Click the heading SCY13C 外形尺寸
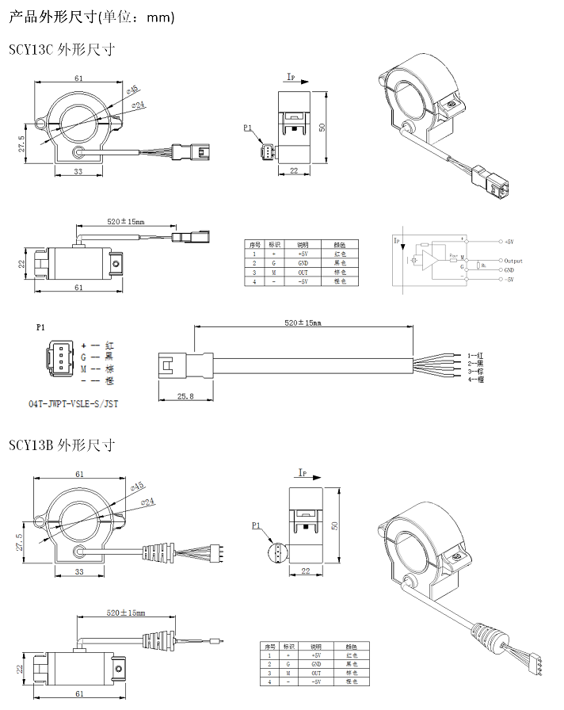click(63, 49)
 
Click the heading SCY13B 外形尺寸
click(63, 445)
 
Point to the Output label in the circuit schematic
click(513, 260)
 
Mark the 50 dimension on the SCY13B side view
click(333, 526)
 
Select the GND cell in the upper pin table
click(303, 262)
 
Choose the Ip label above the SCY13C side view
click(291, 78)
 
